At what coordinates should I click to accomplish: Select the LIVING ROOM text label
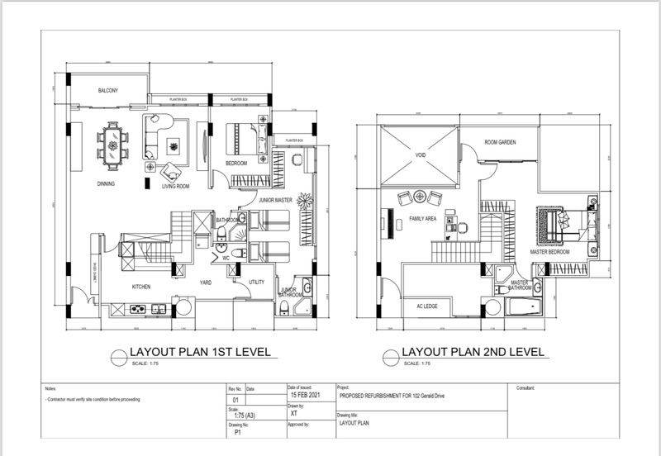175,187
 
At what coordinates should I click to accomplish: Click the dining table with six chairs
112,141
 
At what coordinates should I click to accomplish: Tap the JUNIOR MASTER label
274,199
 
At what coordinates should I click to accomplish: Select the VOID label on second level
419,154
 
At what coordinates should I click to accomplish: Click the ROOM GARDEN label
499,143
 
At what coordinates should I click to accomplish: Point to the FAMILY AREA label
422,219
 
